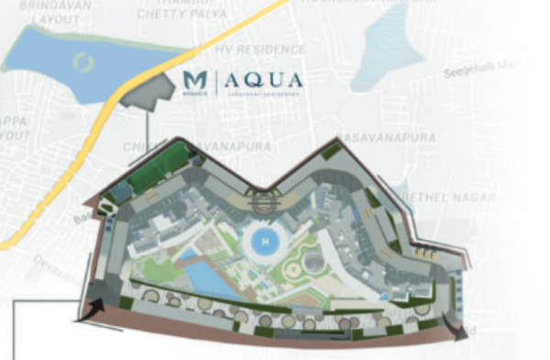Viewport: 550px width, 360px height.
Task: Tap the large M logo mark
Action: tap(195, 80)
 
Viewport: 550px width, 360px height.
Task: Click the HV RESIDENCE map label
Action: tap(260, 49)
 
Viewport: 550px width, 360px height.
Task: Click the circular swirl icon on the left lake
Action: tap(83, 63)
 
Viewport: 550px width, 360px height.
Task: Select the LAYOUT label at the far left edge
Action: tap(13, 135)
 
